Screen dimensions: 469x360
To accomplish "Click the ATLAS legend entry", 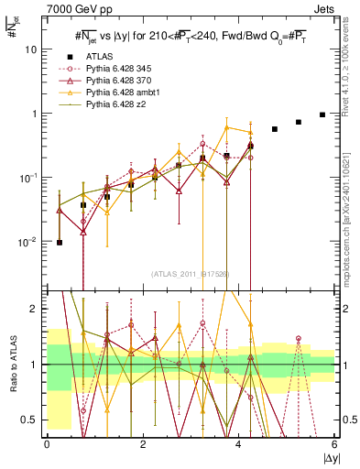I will pyautogui.click(x=100, y=55).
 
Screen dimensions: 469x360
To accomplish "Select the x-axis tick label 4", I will pyautogui.click(x=239, y=443).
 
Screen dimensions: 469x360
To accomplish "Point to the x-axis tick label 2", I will pyautogui.click(x=143, y=443).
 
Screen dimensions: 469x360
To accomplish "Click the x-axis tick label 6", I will pyautogui.click(x=334, y=443).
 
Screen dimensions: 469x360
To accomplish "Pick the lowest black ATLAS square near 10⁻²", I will pyautogui.click(x=60, y=243).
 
